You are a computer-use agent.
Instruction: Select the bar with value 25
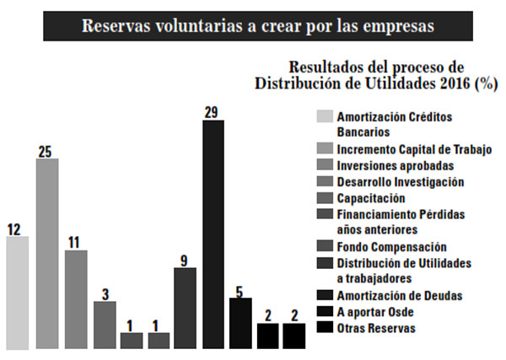coord(46,253)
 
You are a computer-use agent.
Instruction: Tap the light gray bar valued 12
coord(17,292)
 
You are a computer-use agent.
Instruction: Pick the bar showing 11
coord(76,298)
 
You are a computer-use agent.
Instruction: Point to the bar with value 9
coord(185,307)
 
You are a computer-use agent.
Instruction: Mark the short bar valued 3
coord(105,324)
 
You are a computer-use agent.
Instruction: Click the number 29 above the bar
coord(213,111)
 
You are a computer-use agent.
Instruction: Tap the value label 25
coord(46,150)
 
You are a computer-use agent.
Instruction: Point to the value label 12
coord(14,228)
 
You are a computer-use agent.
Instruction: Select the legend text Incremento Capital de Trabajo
coord(412,149)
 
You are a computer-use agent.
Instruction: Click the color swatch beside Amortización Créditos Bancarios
coord(324,116)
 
